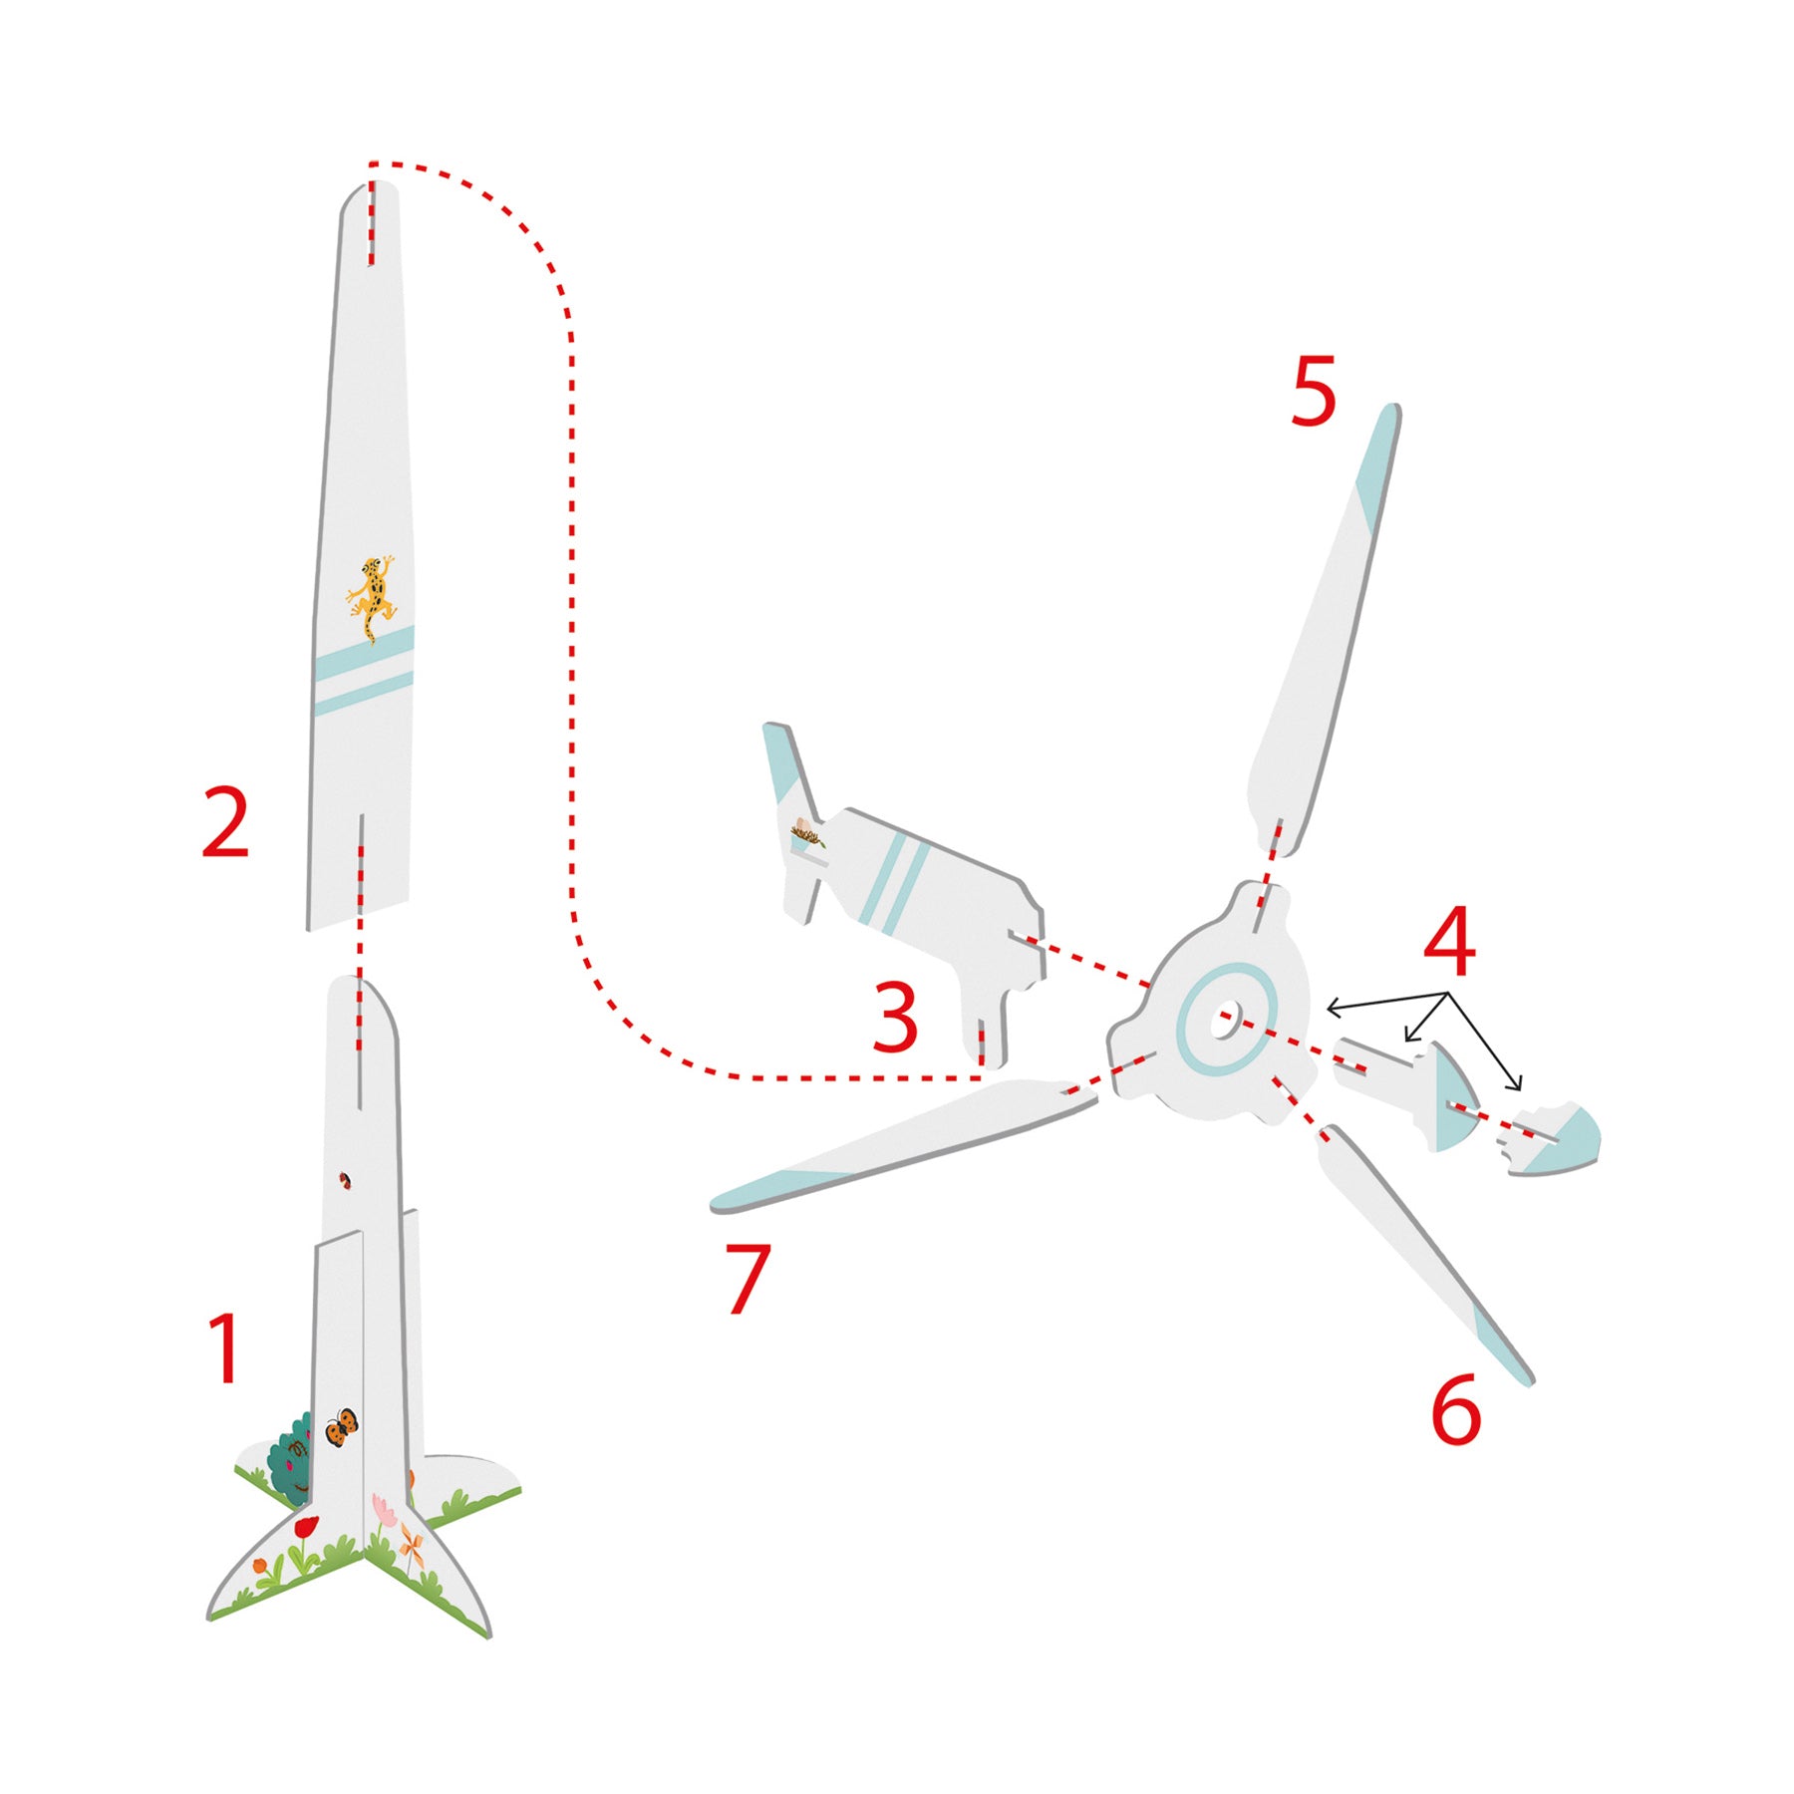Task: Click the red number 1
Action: coord(226,1347)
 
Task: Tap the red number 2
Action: coord(225,821)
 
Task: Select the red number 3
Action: coord(894,1016)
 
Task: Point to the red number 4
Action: coord(1449,941)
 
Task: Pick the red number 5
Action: coord(1313,392)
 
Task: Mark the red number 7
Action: coord(747,1279)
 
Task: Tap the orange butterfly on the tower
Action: coord(341,1426)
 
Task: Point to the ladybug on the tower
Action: coord(346,1181)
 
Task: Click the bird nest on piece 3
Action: coord(807,832)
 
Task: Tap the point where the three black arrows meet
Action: coord(1448,993)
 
